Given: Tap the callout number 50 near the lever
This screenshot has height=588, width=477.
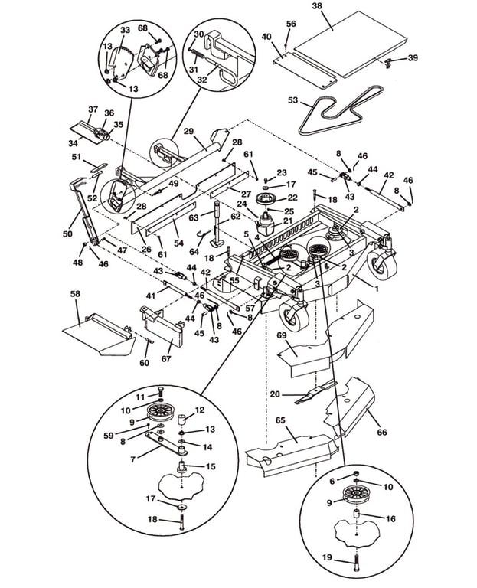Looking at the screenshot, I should (x=68, y=234).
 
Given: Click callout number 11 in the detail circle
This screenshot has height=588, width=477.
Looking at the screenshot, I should (x=140, y=397).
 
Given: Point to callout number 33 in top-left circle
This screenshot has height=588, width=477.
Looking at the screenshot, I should (x=126, y=29).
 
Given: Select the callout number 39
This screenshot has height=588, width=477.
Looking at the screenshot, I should (x=413, y=58).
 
